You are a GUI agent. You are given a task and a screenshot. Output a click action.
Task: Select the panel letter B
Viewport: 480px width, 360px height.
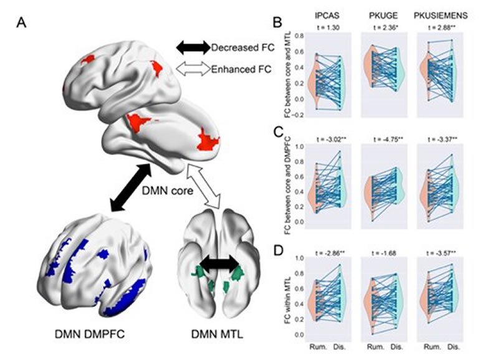pyautogui.click(x=279, y=23)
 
